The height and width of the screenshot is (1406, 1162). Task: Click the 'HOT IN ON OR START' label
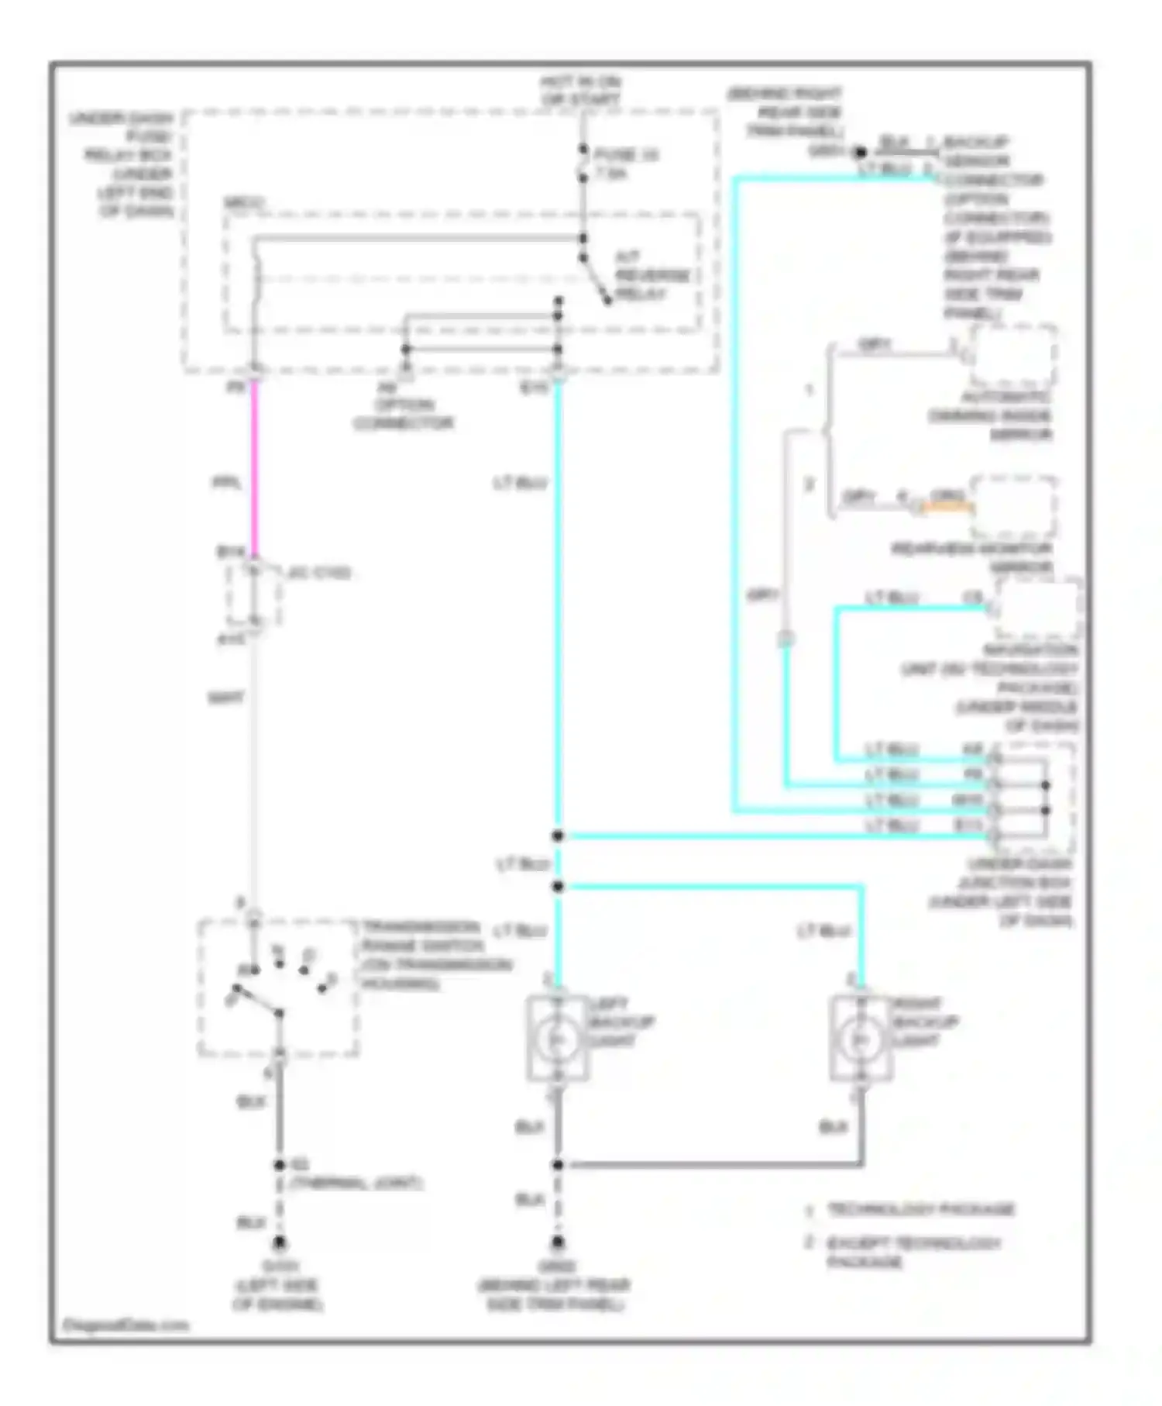point(581,91)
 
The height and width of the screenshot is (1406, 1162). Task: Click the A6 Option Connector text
point(403,405)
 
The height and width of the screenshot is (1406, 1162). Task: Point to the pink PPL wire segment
point(254,465)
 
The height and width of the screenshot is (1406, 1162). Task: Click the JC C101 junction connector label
point(318,573)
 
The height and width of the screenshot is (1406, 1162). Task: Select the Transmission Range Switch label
point(435,955)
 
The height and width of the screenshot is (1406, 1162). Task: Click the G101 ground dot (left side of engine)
point(279,1243)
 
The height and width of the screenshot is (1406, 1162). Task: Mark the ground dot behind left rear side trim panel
point(558,1242)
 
